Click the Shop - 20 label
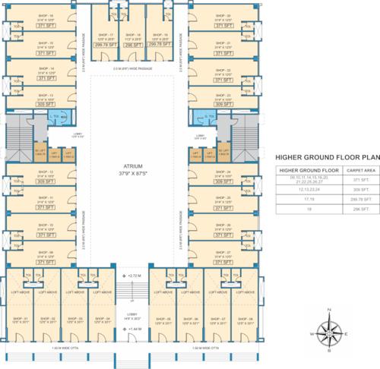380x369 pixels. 223,14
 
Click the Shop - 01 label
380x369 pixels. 21,318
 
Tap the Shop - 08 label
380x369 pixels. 245,318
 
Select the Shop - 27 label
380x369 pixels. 223,252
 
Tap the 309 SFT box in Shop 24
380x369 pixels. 223,182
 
